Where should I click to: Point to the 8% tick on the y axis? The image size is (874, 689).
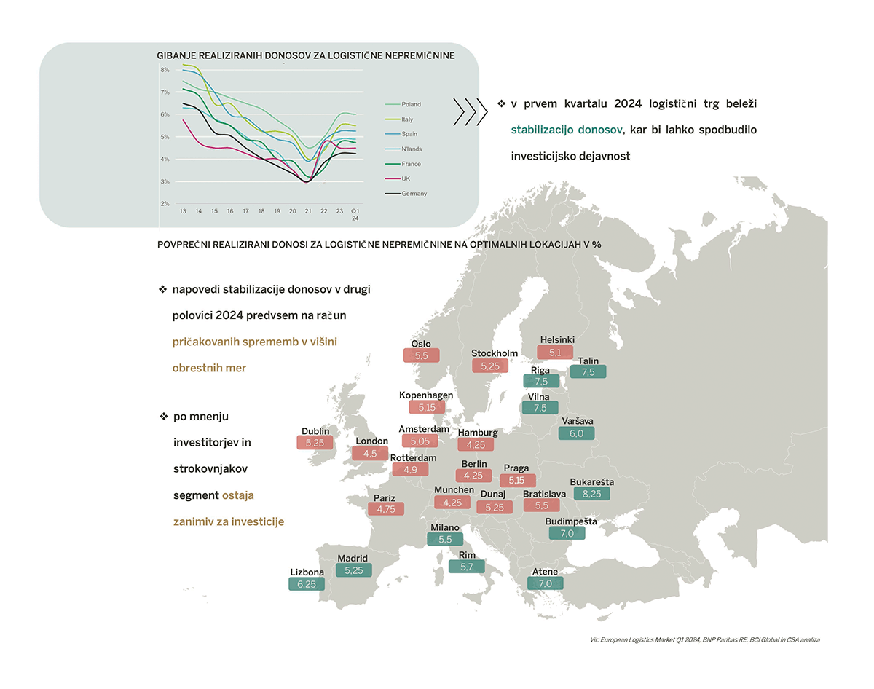(x=165, y=70)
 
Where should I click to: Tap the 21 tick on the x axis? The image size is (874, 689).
(x=308, y=210)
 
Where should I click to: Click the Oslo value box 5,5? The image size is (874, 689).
(x=422, y=355)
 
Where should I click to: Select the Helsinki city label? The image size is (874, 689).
(x=557, y=340)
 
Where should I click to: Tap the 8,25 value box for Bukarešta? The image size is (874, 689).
(x=591, y=494)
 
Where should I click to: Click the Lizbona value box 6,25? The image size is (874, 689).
(x=306, y=583)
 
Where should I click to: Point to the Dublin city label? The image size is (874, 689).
(x=315, y=430)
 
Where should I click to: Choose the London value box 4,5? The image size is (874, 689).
(x=370, y=453)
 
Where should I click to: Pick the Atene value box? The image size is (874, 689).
(x=546, y=583)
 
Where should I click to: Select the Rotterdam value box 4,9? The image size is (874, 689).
(x=410, y=470)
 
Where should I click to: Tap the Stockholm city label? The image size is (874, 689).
(x=495, y=354)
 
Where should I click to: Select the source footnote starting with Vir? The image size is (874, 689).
(x=705, y=639)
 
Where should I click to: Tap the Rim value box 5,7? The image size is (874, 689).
(x=467, y=567)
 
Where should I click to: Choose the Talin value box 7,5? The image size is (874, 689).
(x=588, y=372)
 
